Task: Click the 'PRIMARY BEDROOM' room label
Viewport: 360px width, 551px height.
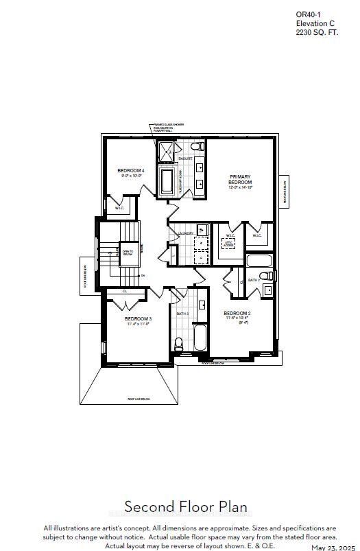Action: [x=239, y=180]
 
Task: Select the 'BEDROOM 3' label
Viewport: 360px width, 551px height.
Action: [x=138, y=320]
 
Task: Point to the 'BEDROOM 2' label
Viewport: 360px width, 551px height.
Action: [x=238, y=314]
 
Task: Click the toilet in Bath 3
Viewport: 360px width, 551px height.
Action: [x=178, y=343]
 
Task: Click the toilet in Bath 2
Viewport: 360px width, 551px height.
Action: [x=269, y=277]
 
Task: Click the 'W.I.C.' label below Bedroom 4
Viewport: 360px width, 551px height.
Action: [x=119, y=209]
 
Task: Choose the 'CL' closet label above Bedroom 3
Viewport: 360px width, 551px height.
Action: [x=125, y=291]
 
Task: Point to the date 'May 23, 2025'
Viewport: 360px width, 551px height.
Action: [x=334, y=547]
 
